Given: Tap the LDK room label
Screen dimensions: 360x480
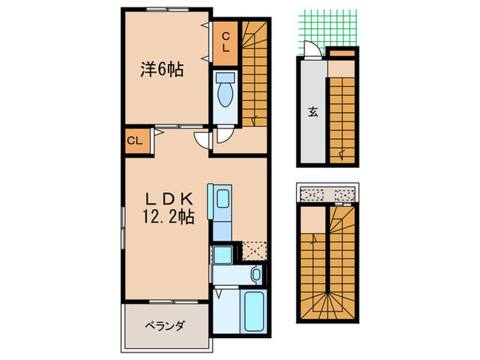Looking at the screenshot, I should point(167,199).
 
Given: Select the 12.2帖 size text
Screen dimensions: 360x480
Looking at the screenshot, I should point(168,218).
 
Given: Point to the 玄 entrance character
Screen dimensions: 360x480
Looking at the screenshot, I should point(312,113).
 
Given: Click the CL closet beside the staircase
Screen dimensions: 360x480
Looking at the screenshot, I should point(225,43).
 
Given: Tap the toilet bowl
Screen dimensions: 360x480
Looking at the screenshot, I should point(225,96).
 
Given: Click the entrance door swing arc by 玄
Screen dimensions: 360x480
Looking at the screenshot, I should point(310,50).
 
